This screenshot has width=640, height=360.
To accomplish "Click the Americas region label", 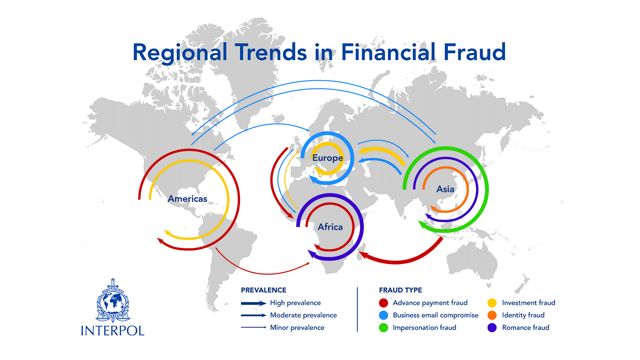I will click(x=187, y=198).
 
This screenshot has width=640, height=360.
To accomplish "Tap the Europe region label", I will click(x=327, y=158).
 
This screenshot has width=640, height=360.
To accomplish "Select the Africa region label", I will click(x=330, y=227).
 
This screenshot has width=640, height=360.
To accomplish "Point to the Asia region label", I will click(x=445, y=189).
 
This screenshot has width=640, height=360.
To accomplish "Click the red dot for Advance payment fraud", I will click(x=383, y=303).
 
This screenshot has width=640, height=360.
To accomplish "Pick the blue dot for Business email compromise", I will click(x=383, y=315).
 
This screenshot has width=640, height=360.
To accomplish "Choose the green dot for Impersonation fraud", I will click(x=383, y=328).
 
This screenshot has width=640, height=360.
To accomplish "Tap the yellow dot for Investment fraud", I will click(x=492, y=303).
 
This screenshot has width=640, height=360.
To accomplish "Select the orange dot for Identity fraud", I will click(x=492, y=315).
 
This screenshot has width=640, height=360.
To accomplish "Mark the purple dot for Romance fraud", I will click(x=492, y=328).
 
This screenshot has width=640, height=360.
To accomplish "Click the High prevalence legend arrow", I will click(x=253, y=303).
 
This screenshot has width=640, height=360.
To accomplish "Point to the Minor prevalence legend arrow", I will click(x=253, y=328).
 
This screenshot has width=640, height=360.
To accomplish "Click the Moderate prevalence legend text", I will click(x=303, y=315).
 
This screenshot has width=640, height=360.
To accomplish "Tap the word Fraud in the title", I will click(x=473, y=52).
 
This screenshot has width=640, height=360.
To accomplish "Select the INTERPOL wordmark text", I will click(x=112, y=330).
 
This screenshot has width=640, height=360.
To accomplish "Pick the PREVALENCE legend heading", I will click(x=263, y=290).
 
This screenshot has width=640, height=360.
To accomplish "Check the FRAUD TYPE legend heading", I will click(x=400, y=290).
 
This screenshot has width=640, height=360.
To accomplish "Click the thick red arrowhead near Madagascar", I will click(x=363, y=255).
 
